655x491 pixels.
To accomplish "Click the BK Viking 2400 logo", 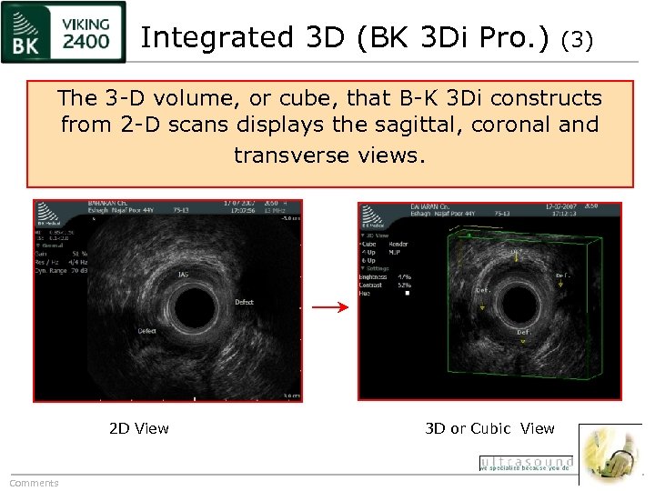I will point(63,33).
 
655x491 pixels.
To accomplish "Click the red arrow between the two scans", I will point(329,308).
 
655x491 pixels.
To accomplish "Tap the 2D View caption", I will point(138,428).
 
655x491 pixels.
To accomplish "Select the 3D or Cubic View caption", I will point(489,428).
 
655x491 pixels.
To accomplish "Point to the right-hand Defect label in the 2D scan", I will point(244,302).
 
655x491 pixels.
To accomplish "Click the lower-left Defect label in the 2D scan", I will point(146,331).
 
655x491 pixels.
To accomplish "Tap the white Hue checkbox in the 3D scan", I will point(407,293).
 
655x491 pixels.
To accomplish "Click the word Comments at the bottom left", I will point(34,483).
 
